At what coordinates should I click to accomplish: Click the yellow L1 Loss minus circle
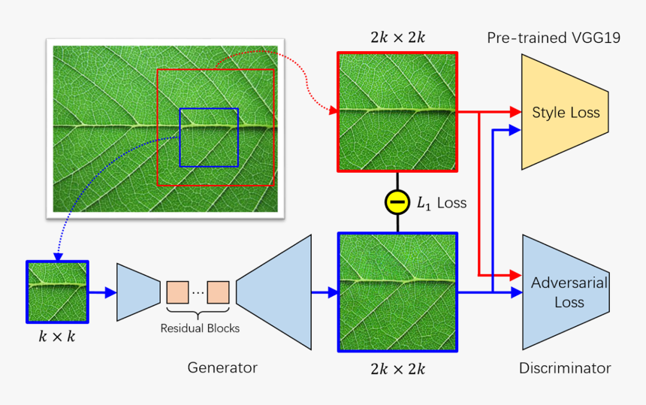pos(397,202)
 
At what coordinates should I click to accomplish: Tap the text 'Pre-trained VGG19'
pos(554,38)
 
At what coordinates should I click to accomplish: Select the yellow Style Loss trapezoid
pos(565,112)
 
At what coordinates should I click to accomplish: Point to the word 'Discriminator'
pos(565,368)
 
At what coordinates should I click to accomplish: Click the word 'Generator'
pos(222,367)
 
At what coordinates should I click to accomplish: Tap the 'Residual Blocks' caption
pos(199,328)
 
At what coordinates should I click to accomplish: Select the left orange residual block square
pos(177,292)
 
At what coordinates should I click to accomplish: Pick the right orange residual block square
pos(219,292)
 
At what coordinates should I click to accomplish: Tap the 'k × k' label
pos(57,337)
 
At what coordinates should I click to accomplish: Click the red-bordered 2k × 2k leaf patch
pos(397,112)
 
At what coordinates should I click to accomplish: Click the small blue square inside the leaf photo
pos(209,138)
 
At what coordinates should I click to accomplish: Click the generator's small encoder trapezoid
pos(139,292)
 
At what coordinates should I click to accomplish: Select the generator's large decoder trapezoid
pos(275,292)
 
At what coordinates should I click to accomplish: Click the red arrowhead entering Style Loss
pos(515,112)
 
